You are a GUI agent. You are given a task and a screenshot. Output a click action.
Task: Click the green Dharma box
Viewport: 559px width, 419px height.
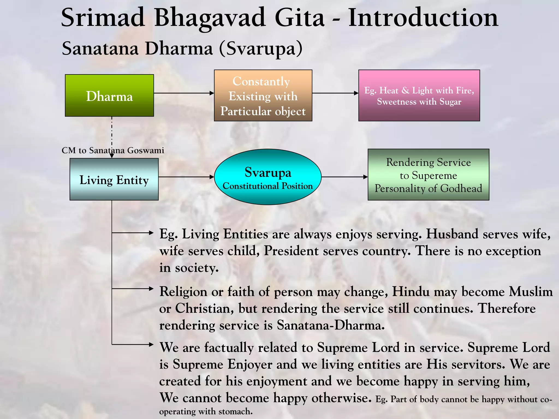point(109,95)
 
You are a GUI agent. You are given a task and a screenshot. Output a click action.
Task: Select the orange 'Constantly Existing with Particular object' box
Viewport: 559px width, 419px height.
point(263,95)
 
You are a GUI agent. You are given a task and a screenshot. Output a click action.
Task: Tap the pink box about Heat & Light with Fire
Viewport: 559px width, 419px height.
point(419,95)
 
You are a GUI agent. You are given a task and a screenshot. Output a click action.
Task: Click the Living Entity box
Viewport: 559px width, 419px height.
point(114,179)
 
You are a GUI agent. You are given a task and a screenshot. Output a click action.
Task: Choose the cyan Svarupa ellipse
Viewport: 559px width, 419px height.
point(267,177)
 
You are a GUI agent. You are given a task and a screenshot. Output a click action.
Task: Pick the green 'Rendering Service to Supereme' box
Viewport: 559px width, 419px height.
point(428,175)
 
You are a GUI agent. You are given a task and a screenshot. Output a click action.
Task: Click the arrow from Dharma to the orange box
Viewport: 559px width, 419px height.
point(184,93)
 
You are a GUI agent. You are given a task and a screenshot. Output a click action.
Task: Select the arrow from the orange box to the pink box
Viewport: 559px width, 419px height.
point(335,93)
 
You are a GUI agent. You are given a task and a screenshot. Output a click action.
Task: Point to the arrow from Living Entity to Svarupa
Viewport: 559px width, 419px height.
point(186,177)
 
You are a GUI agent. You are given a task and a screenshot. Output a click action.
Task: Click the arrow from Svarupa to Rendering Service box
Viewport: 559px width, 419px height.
point(344,177)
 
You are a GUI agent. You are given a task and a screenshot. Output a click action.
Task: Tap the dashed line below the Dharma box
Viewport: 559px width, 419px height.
point(112,131)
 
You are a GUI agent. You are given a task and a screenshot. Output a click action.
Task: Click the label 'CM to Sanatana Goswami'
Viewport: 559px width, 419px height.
point(113,151)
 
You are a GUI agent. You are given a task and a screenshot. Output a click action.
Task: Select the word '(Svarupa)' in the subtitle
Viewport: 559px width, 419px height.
point(261,49)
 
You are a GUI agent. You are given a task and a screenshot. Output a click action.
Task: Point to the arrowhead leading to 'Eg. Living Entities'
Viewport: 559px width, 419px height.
point(151,233)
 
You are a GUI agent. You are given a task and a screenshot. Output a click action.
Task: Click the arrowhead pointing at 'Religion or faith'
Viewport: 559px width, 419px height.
point(151,289)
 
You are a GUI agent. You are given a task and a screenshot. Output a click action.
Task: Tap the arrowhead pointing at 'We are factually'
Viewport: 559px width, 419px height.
point(151,345)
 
